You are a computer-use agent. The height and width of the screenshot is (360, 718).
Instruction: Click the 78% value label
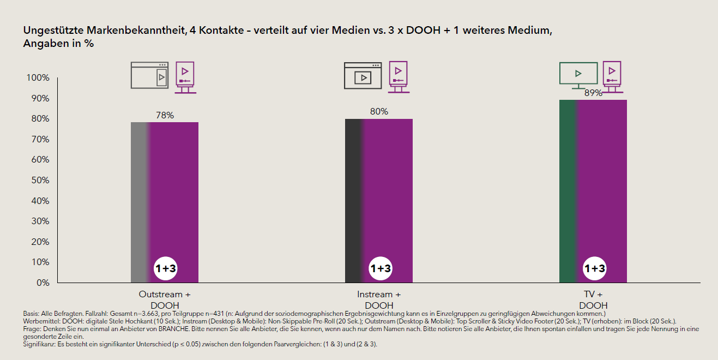coord(165,116)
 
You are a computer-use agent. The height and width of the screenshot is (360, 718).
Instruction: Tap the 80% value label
coord(379,112)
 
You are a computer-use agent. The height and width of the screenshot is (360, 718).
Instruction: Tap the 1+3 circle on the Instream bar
coord(380,268)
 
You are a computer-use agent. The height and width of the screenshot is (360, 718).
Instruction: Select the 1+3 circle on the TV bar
coord(594,268)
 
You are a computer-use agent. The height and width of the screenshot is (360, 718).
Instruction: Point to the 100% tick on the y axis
coord(38,78)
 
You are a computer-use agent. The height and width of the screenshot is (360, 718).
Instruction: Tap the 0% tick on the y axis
coord(42,283)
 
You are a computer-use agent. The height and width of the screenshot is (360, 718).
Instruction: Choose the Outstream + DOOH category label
coord(165,299)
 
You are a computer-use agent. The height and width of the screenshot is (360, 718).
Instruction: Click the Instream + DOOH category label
coord(379,299)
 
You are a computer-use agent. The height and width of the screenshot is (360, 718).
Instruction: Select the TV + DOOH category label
coord(593,299)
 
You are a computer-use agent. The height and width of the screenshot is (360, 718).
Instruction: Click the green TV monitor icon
coord(578,75)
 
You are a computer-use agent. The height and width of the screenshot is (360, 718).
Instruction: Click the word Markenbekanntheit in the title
coord(131,31)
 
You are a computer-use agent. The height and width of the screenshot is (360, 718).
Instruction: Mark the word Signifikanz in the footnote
coord(39,344)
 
